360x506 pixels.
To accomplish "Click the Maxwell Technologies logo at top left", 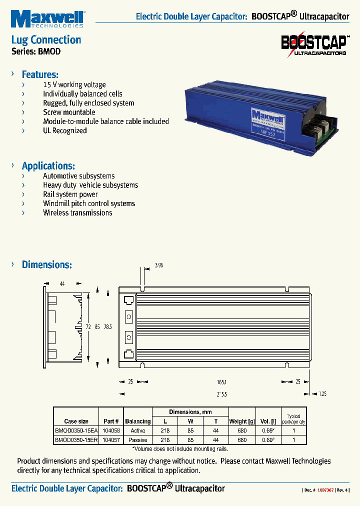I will [47, 19].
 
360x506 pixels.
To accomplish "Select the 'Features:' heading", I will [40, 74].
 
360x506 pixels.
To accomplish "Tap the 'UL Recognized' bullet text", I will [64, 130].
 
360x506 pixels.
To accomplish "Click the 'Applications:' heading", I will [48, 166].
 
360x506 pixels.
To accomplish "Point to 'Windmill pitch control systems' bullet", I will [89, 203].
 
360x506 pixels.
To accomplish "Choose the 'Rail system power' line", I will [70, 194].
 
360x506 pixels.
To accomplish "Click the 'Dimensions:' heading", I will [46, 264].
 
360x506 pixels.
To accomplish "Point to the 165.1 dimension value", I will [221, 381].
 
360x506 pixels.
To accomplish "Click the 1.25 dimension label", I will [322, 394].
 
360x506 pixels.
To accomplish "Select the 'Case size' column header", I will [76, 421].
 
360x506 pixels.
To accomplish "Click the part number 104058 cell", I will [111, 430].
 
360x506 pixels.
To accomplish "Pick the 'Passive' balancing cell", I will [137, 440].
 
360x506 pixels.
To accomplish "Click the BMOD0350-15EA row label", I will [76, 430].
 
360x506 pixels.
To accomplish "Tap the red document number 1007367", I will [325, 490].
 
